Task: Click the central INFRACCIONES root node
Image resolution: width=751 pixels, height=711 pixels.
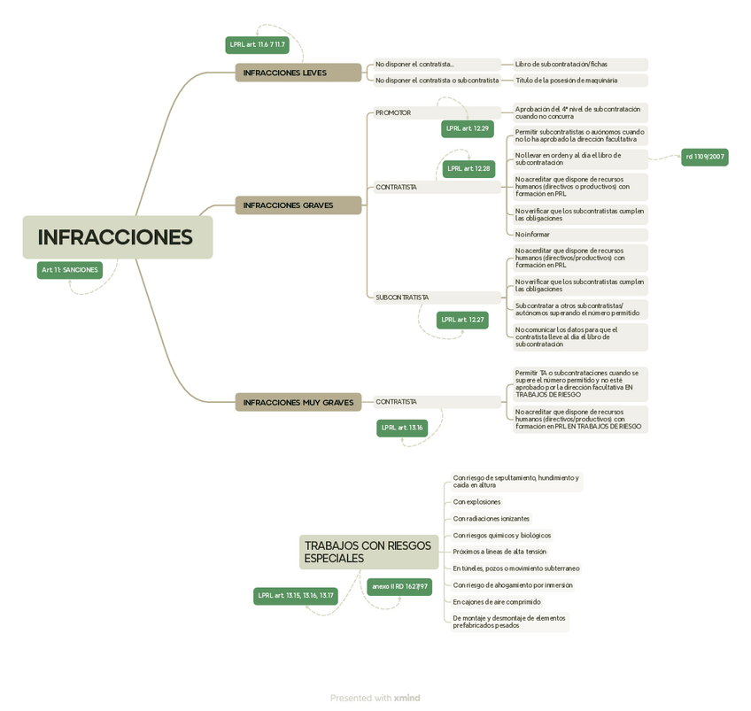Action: click(117, 237)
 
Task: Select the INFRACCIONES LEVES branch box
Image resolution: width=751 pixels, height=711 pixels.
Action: click(298, 73)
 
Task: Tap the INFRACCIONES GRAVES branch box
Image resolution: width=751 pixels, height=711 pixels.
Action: click(298, 205)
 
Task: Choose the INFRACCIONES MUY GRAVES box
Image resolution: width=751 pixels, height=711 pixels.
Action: click(298, 402)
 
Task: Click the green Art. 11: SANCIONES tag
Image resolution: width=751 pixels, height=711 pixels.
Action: click(69, 270)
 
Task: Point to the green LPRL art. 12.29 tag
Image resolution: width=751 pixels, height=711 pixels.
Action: click(468, 129)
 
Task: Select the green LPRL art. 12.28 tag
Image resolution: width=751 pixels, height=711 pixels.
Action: click(468, 168)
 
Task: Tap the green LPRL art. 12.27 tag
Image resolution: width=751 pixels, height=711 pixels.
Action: click(462, 320)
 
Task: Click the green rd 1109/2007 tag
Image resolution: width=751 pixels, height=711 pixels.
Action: click(705, 157)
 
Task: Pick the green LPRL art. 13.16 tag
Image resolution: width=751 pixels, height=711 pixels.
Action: click(402, 428)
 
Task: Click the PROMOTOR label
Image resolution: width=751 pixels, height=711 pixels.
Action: click(393, 113)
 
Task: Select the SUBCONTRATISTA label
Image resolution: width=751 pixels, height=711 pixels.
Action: click(402, 298)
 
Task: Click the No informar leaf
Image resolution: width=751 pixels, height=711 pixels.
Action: click(532, 235)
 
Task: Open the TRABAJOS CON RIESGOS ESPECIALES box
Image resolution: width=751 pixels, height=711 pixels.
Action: click(368, 552)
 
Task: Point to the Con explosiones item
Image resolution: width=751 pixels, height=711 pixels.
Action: click(476, 502)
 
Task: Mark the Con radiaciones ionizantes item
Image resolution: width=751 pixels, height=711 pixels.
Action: click(492, 519)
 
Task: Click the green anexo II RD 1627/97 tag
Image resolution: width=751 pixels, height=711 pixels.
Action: click(399, 586)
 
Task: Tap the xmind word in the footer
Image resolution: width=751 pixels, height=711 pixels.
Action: click(407, 699)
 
